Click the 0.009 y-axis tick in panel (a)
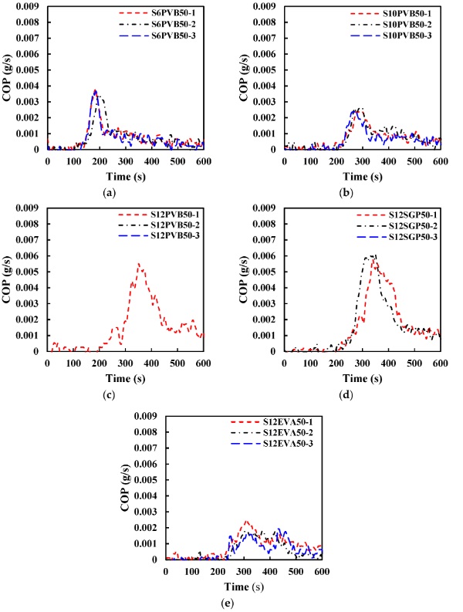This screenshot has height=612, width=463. pos(28,6)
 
